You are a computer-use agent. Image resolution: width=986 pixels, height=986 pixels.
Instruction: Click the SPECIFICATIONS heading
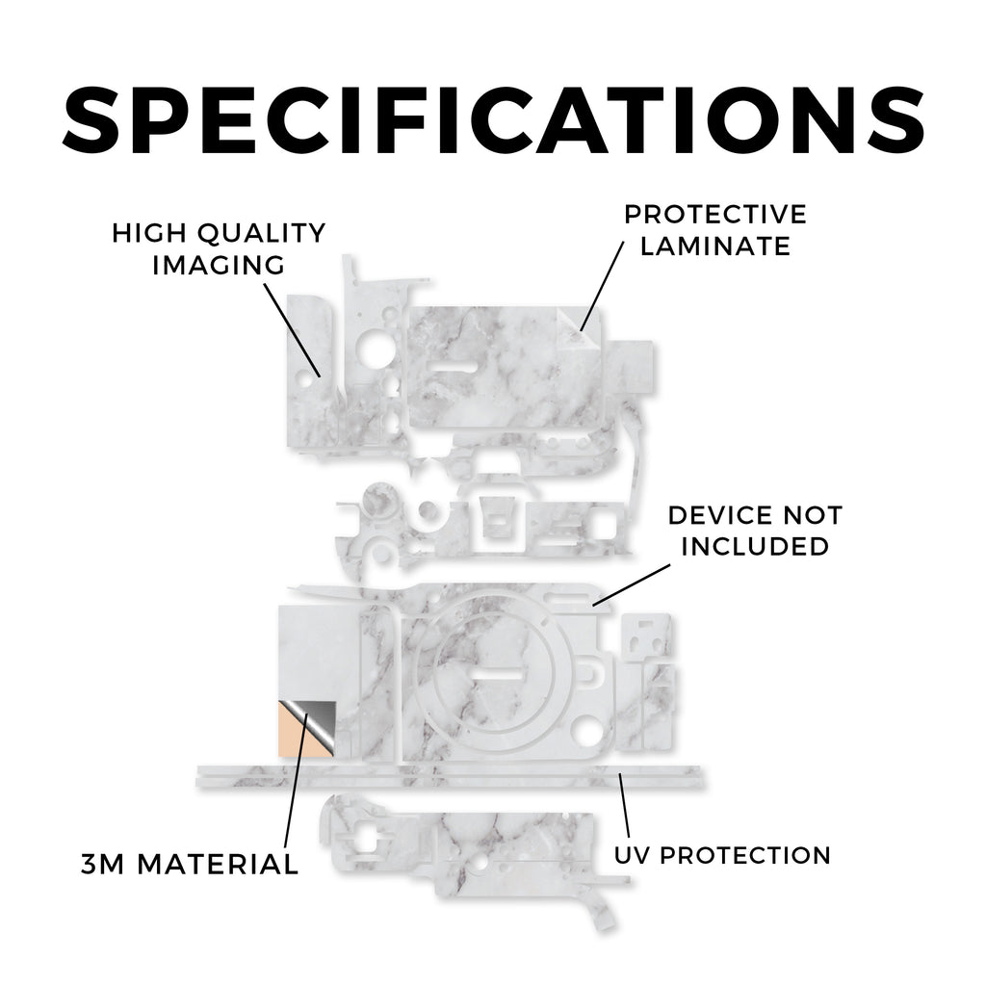[494, 120]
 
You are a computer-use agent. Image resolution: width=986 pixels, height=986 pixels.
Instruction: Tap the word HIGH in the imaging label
[149, 233]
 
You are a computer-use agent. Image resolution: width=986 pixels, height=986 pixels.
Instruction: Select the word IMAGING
[219, 266]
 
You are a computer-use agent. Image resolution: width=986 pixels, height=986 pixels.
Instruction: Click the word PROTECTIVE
[715, 215]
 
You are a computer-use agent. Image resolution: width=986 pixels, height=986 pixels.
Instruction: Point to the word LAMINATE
[715, 246]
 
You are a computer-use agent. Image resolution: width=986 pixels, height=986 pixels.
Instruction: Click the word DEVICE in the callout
[716, 516]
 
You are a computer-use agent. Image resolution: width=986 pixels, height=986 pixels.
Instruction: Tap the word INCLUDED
[755, 547]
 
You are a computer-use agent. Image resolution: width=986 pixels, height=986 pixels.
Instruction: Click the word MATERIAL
[218, 864]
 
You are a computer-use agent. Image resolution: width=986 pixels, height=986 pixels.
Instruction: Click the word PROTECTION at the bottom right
[746, 855]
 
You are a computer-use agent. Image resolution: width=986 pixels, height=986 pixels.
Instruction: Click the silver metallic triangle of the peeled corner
[318, 721]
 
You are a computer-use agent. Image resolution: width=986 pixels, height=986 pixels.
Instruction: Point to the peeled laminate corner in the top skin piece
[579, 329]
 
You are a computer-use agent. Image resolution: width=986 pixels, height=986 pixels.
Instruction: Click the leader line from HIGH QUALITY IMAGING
[292, 330]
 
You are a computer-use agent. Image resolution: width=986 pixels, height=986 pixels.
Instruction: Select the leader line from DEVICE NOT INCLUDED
[632, 584]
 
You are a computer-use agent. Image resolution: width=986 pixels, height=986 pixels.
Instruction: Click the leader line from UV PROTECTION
[624, 805]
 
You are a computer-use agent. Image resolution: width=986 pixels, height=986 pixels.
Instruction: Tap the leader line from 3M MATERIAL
[297, 781]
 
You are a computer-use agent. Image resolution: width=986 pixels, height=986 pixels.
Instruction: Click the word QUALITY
[262, 233]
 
